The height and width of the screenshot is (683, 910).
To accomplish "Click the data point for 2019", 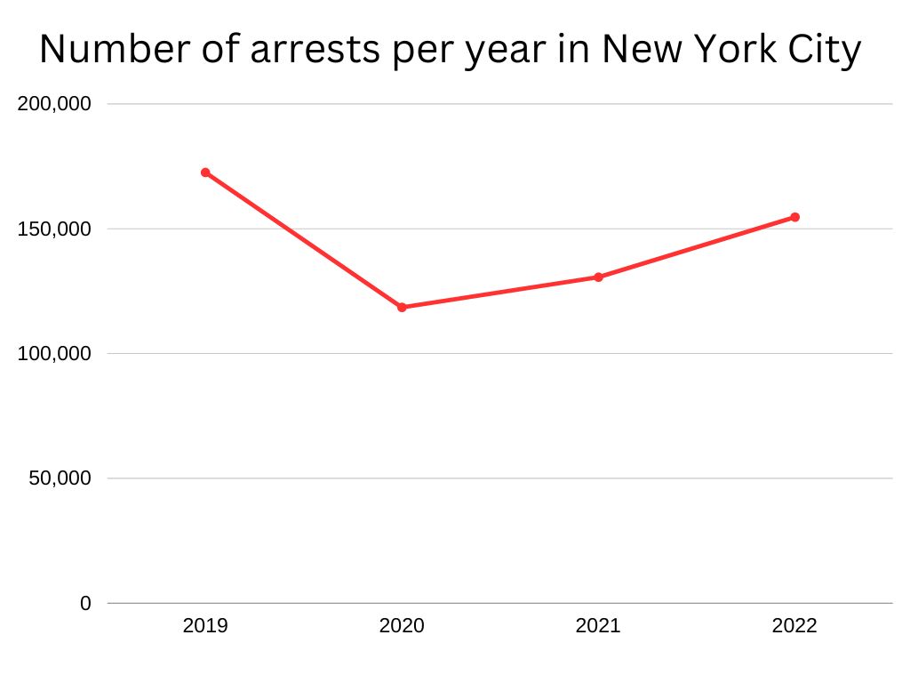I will (x=205, y=173).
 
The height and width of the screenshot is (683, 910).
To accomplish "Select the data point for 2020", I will (x=402, y=308).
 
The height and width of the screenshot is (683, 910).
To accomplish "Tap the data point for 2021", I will (x=598, y=277).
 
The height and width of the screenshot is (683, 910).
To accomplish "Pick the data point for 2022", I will (x=795, y=217).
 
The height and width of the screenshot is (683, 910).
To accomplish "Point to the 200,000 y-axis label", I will (x=54, y=104).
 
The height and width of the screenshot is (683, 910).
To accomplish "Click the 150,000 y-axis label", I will (x=54, y=229).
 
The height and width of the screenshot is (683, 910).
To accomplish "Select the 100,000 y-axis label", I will (x=54, y=354).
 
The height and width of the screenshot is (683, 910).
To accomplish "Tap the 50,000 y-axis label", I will (x=59, y=478).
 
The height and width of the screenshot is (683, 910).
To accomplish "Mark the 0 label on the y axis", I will (x=85, y=604).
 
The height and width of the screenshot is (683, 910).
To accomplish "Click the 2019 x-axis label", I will (x=205, y=626).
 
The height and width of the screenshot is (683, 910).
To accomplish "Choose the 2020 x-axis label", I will (x=402, y=626).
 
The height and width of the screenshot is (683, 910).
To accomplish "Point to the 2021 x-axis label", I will (x=598, y=626).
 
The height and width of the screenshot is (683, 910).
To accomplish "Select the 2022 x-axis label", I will (x=794, y=626).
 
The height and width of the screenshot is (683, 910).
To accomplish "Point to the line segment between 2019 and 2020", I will (x=303, y=240).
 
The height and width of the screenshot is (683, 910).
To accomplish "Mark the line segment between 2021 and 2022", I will (x=697, y=247).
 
